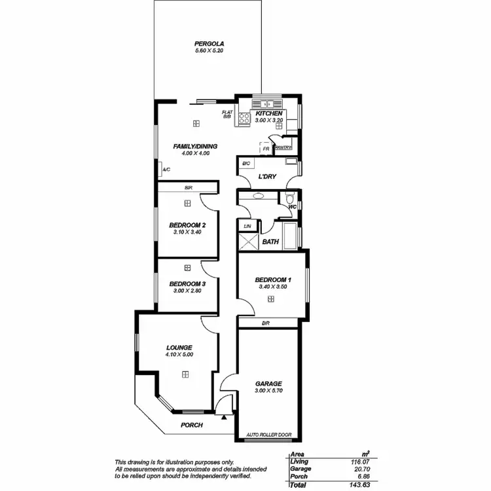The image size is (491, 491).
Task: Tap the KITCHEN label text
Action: point(269,113)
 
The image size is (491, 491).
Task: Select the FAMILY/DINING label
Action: point(195,146)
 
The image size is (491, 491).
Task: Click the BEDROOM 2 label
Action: point(187,225)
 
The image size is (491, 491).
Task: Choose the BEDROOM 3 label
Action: point(187,283)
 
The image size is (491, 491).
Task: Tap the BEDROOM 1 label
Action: point(271,280)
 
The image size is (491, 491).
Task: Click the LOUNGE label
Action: point(179,348)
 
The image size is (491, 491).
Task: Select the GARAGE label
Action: point(268,384)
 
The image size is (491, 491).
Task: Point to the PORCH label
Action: point(192,425)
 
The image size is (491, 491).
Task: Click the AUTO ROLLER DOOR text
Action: point(269,434)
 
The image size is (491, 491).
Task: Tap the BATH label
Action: point(270,242)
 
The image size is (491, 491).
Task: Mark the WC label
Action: point(293,208)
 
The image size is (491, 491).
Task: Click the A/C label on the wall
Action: point(166,170)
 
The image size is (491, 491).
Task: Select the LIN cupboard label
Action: point(247,227)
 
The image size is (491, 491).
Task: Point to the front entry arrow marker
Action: point(225,416)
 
